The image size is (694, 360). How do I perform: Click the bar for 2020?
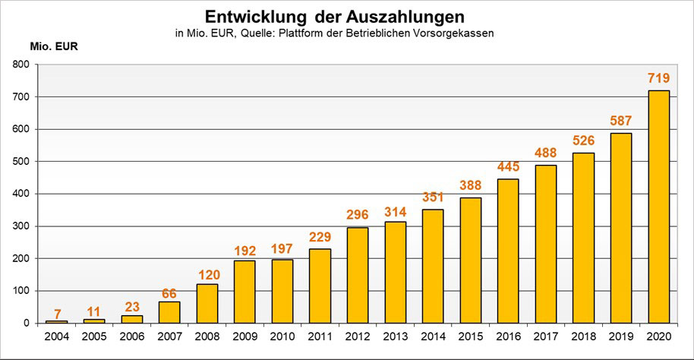click(x=658, y=207)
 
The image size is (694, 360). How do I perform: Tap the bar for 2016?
click(x=508, y=251)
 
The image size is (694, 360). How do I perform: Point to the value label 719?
click(x=658, y=78)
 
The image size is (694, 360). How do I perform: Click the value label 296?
click(x=358, y=215)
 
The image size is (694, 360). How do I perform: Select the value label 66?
click(x=169, y=293)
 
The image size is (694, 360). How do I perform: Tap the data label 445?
click(x=508, y=166)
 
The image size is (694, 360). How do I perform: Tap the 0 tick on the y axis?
click(x=27, y=324)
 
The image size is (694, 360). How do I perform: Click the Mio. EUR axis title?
click(x=54, y=45)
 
